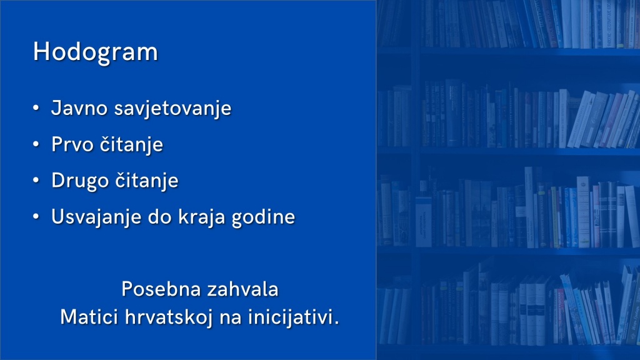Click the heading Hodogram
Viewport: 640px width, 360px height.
point(95,52)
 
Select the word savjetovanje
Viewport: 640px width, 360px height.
point(172,109)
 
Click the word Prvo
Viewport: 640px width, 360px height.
point(72,144)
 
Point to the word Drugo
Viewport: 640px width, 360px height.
point(80,181)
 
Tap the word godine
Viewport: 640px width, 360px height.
point(263,217)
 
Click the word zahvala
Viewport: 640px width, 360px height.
point(242,289)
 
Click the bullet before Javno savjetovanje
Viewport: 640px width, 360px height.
point(36,108)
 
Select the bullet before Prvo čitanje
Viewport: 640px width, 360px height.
point(36,144)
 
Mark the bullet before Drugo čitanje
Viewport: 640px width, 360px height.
point(36,181)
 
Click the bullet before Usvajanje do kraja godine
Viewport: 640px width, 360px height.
point(36,217)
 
